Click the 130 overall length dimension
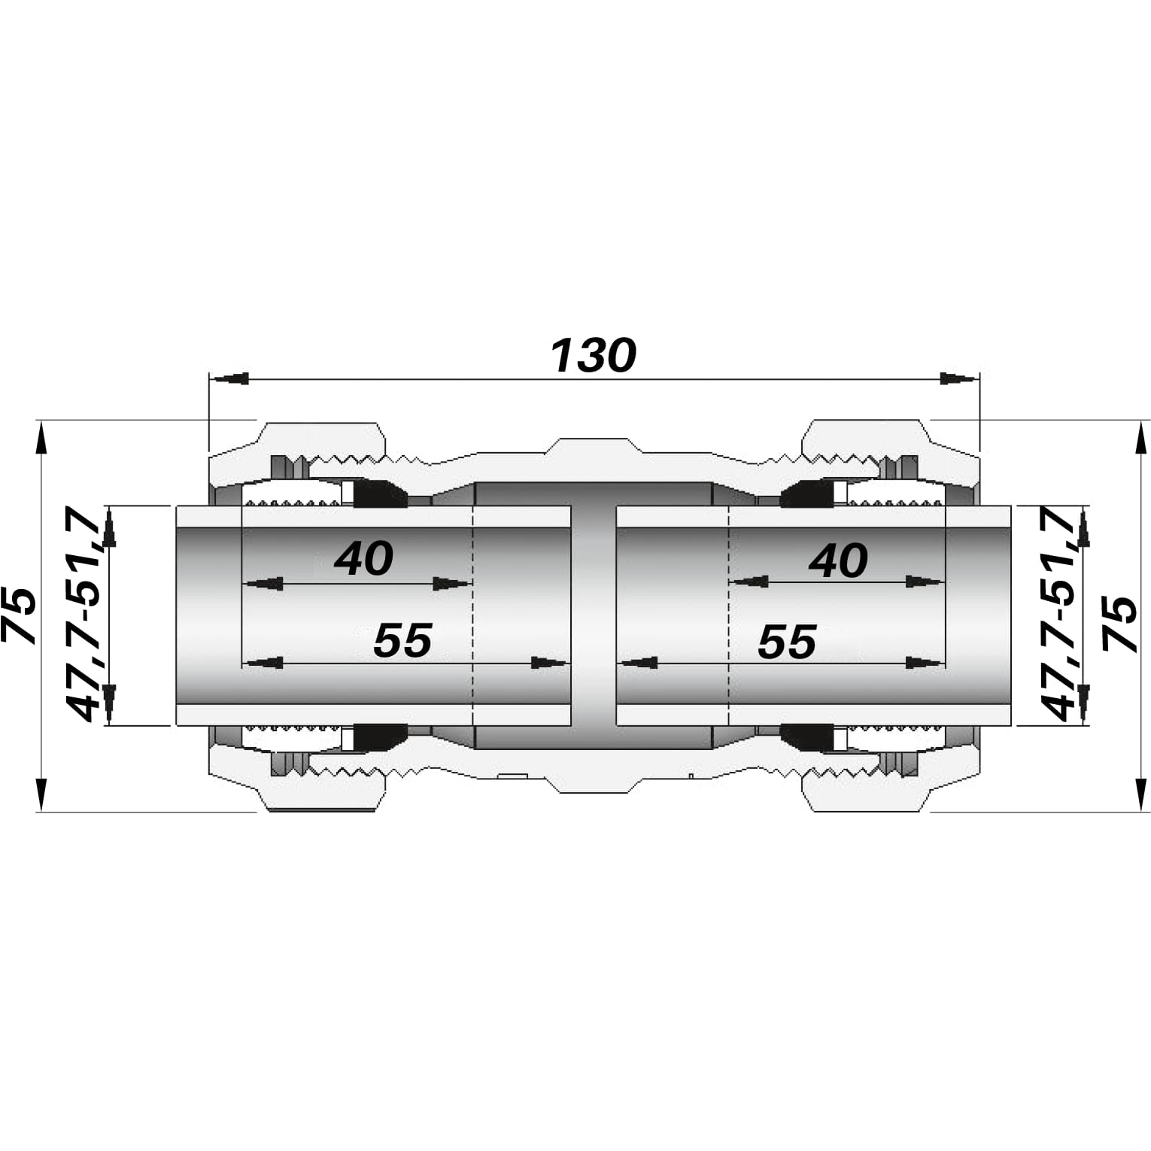[594, 356]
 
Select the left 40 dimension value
[363, 559]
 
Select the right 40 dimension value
[838, 561]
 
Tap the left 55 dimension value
[402, 640]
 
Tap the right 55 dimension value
[787, 642]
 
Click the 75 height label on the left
[20, 615]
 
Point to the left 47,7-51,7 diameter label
[84, 615]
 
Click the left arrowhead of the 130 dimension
[227, 378]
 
